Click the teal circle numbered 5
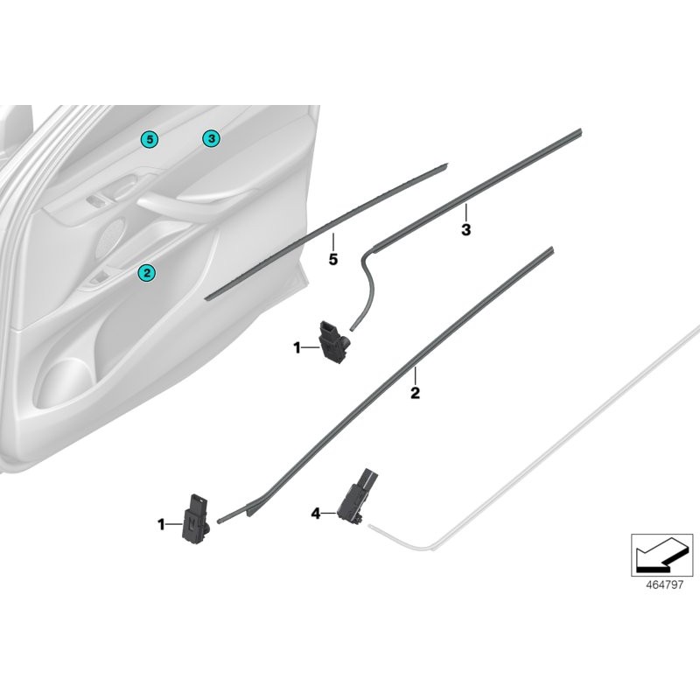click(150, 138)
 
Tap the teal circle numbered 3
click(211, 138)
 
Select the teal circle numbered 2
click(147, 273)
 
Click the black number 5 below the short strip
click(332, 259)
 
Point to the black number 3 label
click(465, 230)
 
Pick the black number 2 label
click(415, 394)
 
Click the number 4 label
click(316, 514)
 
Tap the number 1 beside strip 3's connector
click(297, 347)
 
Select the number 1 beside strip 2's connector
click(161, 524)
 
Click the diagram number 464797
click(662, 584)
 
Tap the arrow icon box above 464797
click(662, 554)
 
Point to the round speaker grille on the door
click(113, 235)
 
